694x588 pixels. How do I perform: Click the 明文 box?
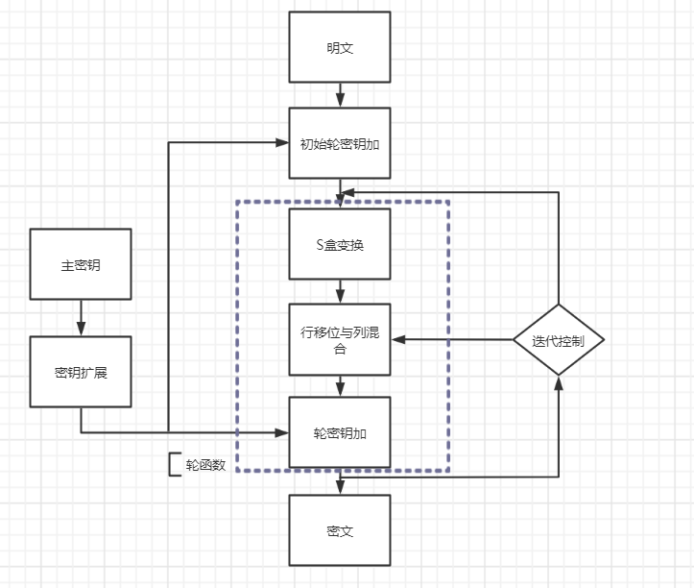pos(340,47)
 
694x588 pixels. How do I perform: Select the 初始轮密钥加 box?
pos(340,143)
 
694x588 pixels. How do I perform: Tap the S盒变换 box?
pos(340,244)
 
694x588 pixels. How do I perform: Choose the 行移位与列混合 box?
pos(340,339)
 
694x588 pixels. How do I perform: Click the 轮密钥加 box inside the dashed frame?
pos(340,432)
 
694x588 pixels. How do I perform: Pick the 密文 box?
pos(340,530)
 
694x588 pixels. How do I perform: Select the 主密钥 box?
pos(81,264)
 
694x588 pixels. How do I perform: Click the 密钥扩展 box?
pos(81,372)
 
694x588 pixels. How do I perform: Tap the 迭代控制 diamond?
pos(558,340)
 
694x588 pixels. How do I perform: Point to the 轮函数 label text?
pos(205,465)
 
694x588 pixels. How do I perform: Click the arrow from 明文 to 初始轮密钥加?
pos(340,94)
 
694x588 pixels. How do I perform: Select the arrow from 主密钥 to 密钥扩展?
pos(81,317)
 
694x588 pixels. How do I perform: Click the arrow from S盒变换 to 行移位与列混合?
pos(340,291)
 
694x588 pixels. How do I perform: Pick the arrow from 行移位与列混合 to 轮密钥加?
pos(340,385)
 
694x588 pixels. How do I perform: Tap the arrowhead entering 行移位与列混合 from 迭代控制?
pos(397,339)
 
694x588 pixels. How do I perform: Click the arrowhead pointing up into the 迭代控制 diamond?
pos(558,382)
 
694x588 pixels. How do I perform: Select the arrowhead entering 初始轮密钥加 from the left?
pos(283,143)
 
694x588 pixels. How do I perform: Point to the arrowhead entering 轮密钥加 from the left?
pos(283,432)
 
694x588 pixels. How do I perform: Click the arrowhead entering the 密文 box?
pos(340,488)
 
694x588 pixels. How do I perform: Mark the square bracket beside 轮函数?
pos(173,465)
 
